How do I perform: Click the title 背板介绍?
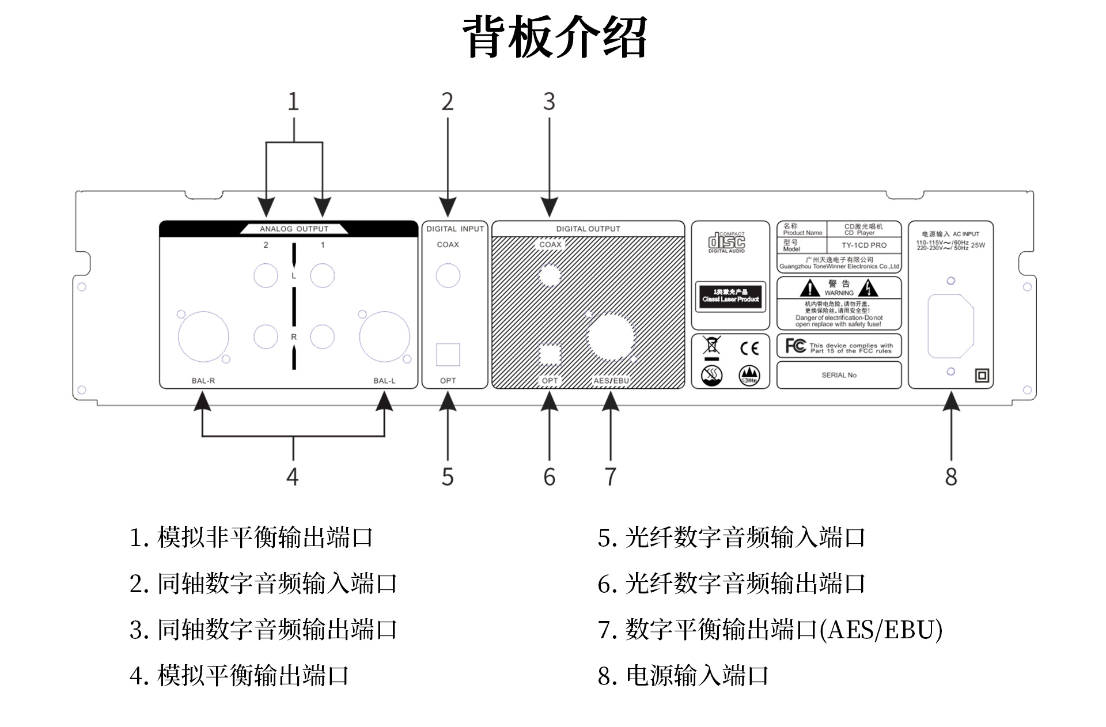pyautogui.click(x=555, y=36)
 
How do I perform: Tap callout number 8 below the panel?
pyautogui.click(x=951, y=477)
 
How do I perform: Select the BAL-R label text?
pyautogui.click(x=203, y=381)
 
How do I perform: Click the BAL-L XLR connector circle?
pyautogui.click(x=384, y=338)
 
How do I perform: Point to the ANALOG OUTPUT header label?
pyautogui.click(x=294, y=229)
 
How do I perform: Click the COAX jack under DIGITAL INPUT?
pyautogui.click(x=448, y=276)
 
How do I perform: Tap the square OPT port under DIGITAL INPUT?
pyautogui.click(x=448, y=355)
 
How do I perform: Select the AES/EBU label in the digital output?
pyautogui.click(x=611, y=381)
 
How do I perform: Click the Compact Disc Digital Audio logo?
pyautogui.click(x=727, y=242)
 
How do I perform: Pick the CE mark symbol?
pyautogui.click(x=749, y=348)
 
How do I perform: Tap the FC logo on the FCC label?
pyautogui.click(x=796, y=346)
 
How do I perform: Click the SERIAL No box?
pyautogui.click(x=839, y=375)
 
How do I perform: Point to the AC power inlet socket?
pyautogui.click(x=950, y=325)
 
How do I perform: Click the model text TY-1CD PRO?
pyautogui.click(x=864, y=245)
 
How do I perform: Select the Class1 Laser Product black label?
pyautogui.click(x=730, y=296)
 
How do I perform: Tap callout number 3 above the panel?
pyautogui.click(x=549, y=102)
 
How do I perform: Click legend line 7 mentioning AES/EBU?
pyautogui.click(x=770, y=630)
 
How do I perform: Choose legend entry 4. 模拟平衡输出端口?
pyautogui.click(x=240, y=676)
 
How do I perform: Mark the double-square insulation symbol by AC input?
pyautogui.click(x=982, y=376)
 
